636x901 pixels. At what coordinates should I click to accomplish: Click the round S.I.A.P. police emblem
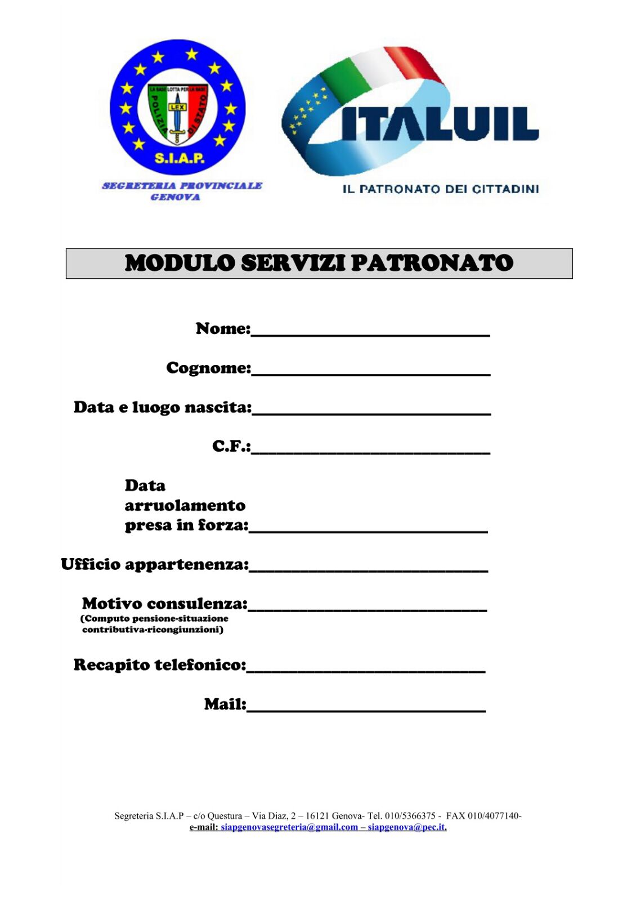[178, 107]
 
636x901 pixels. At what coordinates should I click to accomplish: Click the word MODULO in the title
[180, 263]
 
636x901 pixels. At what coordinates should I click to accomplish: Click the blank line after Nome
[370, 332]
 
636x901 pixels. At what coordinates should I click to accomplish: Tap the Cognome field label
[208, 368]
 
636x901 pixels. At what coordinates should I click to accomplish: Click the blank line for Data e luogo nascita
[371, 411]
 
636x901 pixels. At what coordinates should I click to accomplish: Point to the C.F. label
[231, 446]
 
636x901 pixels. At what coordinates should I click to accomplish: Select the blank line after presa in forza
[368, 529]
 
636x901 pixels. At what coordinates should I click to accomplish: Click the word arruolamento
[185, 505]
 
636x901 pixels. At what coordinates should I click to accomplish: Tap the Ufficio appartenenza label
[154, 564]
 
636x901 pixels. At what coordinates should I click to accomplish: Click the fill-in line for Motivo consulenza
[367, 608]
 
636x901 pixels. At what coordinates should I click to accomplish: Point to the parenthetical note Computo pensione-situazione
[155, 618]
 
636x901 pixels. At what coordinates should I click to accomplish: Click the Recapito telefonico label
[160, 665]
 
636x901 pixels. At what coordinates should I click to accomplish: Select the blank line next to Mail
[366, 708]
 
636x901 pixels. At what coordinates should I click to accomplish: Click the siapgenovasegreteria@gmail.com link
[289, 827]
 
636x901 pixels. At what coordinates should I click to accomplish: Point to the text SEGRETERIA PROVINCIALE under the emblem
[182, 185]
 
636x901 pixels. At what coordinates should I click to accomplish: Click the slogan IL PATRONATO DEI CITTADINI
[440, 189]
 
